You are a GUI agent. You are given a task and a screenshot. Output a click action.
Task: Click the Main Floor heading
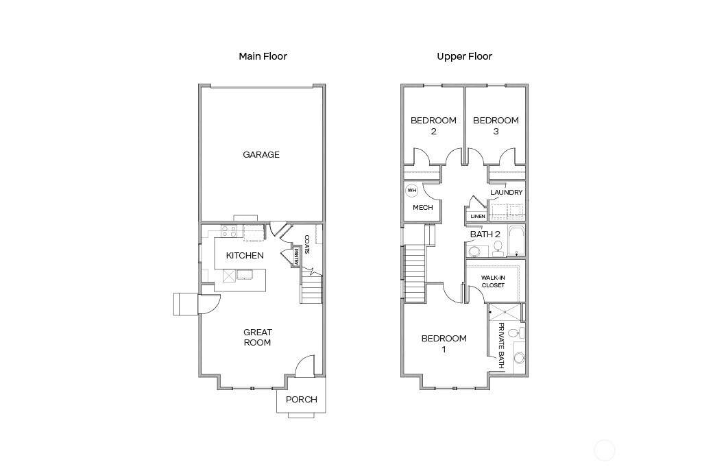click(x=263, y=56)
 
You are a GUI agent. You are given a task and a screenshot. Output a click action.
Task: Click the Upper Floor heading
click(x=464, y=56)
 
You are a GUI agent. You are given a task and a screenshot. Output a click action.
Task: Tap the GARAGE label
click(x=261, y=155)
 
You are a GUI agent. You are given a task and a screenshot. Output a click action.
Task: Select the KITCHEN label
click(x=245, y=256)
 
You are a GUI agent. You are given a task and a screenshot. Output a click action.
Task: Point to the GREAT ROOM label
click(x=258, y=337)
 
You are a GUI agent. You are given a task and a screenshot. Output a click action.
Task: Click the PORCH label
click(x=302, y=400)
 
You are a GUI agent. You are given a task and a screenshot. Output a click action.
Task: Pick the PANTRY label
click(x=296, y=257)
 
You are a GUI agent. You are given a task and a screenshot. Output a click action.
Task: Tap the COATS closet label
click(x=307, y=244)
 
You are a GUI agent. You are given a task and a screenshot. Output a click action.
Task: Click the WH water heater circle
click(x=412, y=191)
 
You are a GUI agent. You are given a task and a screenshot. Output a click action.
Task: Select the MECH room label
click(x=422, y=207)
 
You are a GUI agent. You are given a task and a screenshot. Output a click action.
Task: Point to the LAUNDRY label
click(x=507, y=193)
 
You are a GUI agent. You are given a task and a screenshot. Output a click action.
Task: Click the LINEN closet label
click(x=478, y=217)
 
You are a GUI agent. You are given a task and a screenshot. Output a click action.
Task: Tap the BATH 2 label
click(x=485, y=234)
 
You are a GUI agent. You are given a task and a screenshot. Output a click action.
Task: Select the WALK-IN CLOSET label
click(x=493, y=281)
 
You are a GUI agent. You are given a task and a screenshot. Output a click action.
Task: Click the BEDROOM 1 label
click(x=444, y=344)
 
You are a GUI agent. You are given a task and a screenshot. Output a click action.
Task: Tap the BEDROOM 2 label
click(x=433, y=125)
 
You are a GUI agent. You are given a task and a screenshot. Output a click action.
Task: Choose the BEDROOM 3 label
click(x=496, y=125)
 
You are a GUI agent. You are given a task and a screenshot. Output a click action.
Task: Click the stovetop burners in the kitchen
click(x=230, y=232)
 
